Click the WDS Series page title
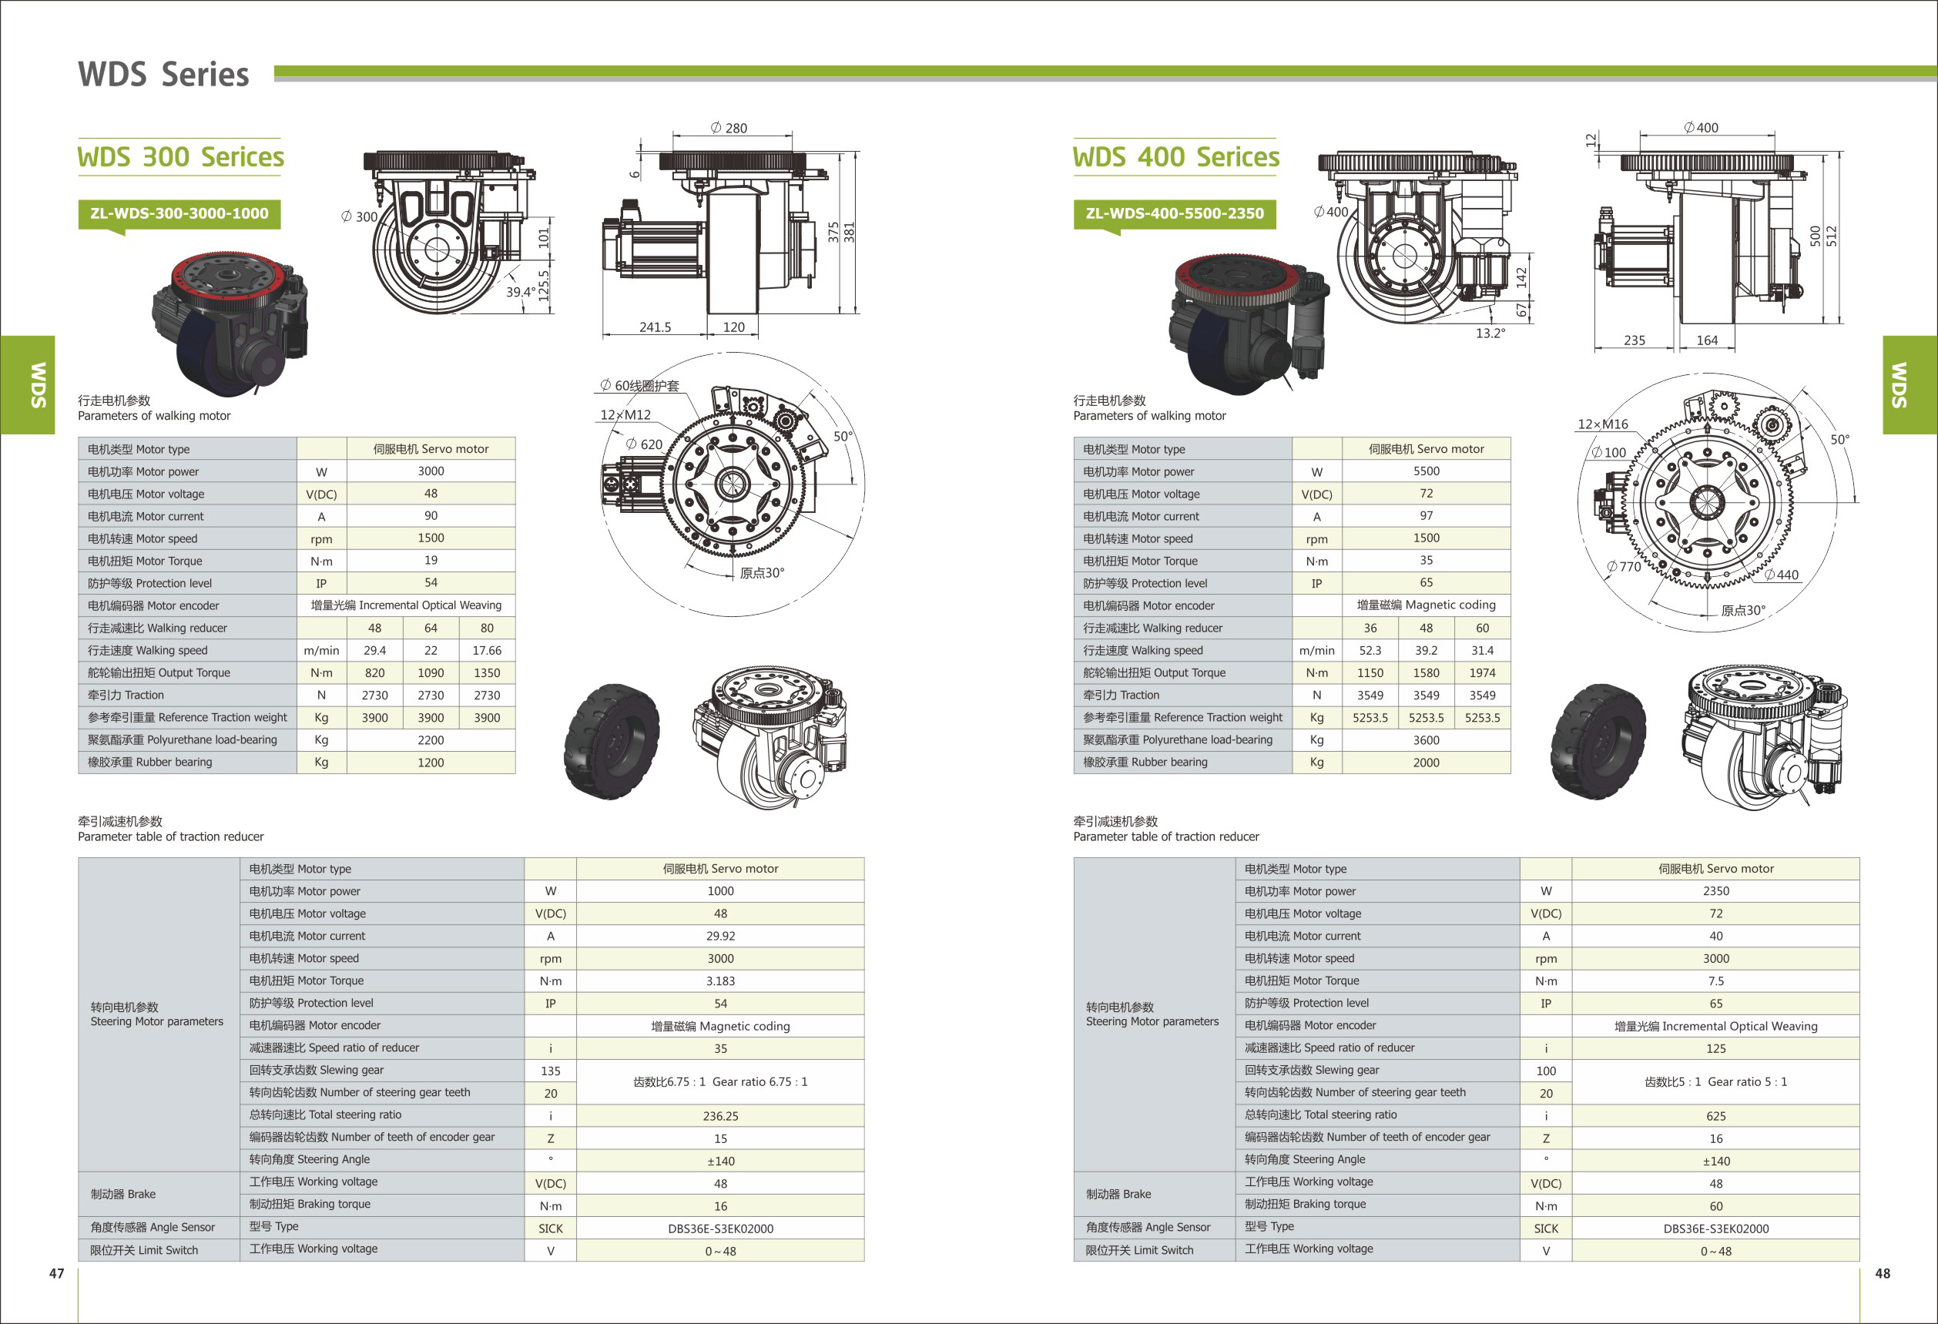163,75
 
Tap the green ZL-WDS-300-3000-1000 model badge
179,213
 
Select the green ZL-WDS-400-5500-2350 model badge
1174,213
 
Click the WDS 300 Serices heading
180,157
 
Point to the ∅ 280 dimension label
729,128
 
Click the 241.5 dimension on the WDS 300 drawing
655,327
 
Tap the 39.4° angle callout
521,292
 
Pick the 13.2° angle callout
1490,333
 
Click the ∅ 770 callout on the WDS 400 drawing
1624,567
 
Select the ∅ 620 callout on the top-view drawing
645,444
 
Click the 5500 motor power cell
1426,471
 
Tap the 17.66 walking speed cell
487,650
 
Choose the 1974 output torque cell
1482,673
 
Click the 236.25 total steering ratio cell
719,1115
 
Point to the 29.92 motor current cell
719,937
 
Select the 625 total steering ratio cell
1715,1115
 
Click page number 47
57,1273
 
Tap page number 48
1882,1273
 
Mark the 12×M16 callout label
1602,424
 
